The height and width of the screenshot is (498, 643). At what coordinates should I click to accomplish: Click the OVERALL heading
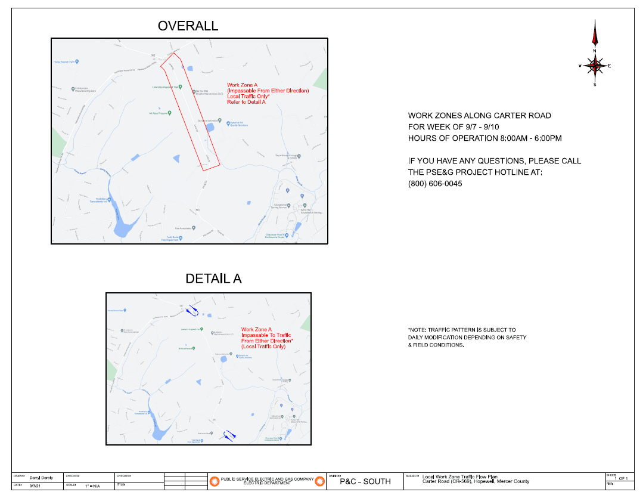(188, 26)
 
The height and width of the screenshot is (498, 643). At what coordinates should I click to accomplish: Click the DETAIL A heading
(213, 279)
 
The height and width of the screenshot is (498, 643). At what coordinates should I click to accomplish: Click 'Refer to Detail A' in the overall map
(246, 103)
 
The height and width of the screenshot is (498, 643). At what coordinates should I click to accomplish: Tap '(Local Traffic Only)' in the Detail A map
(263, 347)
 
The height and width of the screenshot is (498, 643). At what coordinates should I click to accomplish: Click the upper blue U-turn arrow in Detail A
(192, 311)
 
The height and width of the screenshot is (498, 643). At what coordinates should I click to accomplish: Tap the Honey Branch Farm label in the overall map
(66, 61)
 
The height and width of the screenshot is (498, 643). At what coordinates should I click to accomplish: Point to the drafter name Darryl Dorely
(41, 478)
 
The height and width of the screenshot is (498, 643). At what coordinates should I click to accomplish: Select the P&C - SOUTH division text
(365, 481)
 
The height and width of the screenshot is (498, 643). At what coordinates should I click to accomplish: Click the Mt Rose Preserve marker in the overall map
(170, 112)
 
